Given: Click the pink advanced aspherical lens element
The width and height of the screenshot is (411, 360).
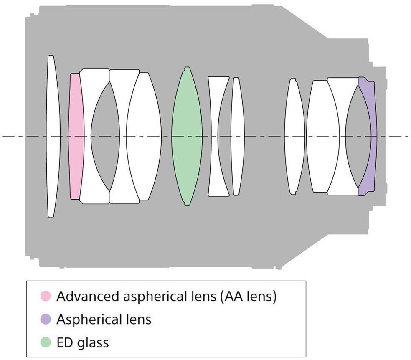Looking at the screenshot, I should pos(76,136).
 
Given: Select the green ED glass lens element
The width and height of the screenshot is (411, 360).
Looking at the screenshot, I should pos(187,136).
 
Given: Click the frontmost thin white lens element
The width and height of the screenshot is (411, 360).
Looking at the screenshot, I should pos(51,136).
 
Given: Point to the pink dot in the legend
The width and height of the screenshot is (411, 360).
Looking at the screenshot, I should pos(45,297).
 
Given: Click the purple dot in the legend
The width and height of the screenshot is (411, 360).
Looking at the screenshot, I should pos(45,320).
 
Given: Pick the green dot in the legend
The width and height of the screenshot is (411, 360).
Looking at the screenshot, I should pos(45,343).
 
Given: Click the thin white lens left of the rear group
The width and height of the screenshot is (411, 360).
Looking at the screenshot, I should pos(294,136).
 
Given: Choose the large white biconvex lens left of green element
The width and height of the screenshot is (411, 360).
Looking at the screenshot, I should pos(144,136).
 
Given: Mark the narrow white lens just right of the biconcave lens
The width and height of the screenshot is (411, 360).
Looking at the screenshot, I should pos(237,136).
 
